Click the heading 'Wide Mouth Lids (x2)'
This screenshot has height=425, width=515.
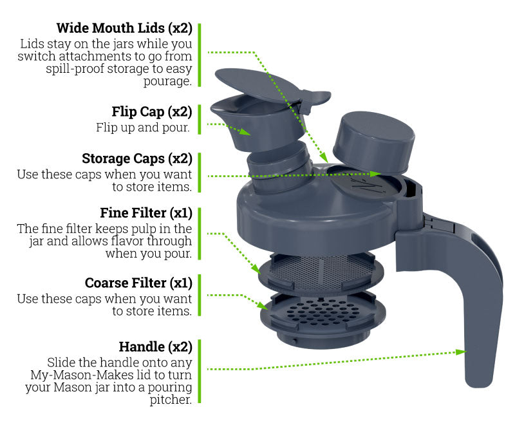pos(124,28)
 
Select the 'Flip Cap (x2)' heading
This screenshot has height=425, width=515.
pos(152,111)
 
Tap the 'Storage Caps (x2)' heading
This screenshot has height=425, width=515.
pos(137,158)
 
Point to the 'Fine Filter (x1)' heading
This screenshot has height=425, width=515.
pos(146,213)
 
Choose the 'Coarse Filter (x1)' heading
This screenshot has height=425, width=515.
pos(138,283)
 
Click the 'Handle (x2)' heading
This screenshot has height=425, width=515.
pos(155,347)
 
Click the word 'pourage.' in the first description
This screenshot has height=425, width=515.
pos(167,81)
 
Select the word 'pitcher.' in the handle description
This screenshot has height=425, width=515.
pos(171,400)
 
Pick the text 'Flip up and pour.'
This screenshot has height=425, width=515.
pos(143,127)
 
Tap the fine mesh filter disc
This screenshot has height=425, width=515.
pos(321,273)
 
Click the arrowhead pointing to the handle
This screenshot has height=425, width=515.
pos(461,352)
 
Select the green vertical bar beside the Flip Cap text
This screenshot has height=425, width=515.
pos(200,120)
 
